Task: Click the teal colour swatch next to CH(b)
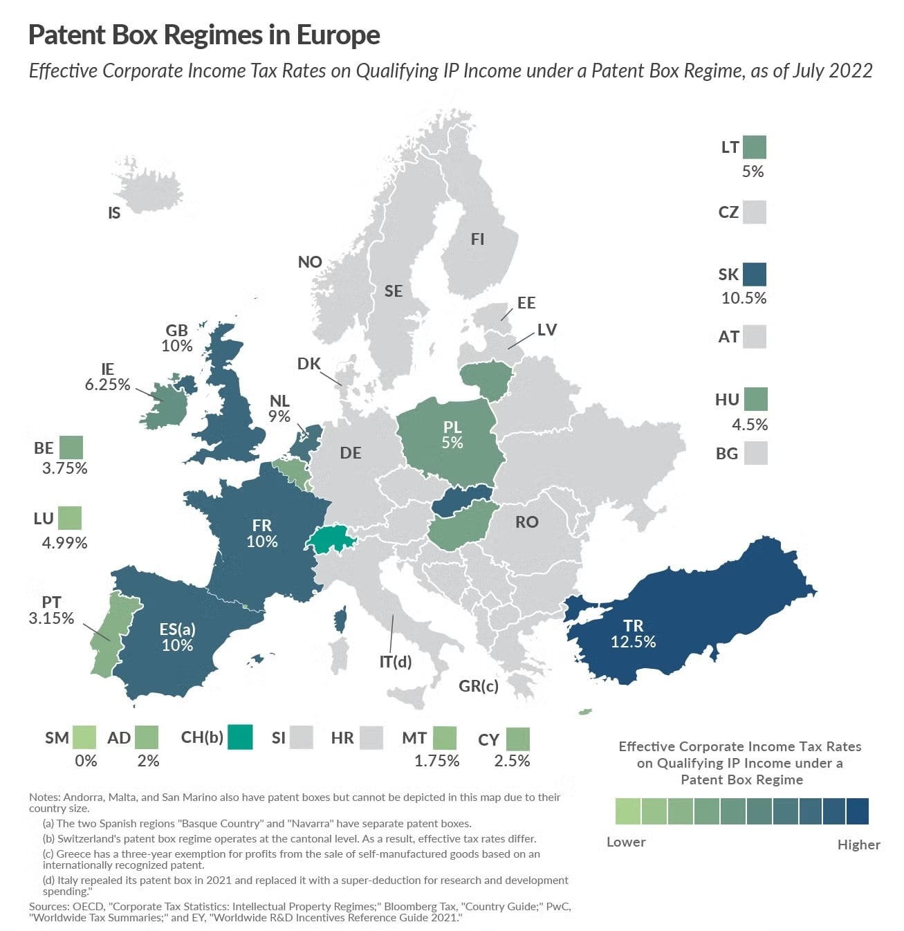(x=240, y=737)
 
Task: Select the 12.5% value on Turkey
(x=633, y=642)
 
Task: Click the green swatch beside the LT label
(x=755, y=147)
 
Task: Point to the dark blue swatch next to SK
(x=755, y=275)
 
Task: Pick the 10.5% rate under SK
(x=744, y=298)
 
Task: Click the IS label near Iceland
(x=114, y=214)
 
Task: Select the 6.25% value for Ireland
(x=107, y=385)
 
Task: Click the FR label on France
(x=262, y=526)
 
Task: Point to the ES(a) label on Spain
(x=177, y=629)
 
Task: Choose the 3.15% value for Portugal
(x=51, y=618)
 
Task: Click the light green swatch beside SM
(x=84, y=737)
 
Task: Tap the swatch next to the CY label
(x=517, y=739)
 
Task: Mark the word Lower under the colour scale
(x=626, y=842)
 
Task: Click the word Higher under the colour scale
(x=858, y=845)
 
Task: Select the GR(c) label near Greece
(x=478, y=686)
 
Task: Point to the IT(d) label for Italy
(x=396, y=662)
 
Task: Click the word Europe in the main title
(x=338, y=35)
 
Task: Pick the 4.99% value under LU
(x=64, y=543)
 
